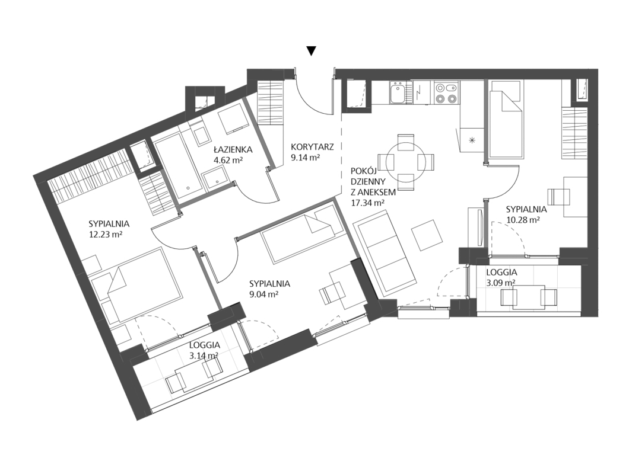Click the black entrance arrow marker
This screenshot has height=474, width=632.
click(x=311, y=51)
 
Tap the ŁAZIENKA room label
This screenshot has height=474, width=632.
click(x=233, y=150)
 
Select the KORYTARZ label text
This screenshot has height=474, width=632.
click(x=312, y=147)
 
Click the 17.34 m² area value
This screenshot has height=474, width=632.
click(x=367, y=203)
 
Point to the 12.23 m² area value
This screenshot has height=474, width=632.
click(x=106, y=234)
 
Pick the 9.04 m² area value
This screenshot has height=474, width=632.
click(x=264, y=294)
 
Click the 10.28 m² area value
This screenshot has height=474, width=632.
click(x=523, y=220)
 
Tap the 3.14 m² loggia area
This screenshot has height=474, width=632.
click(x=204, y=355)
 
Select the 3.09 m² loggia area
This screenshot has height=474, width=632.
click(x=501, y=283)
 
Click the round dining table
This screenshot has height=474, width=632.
click(x=405, y=162)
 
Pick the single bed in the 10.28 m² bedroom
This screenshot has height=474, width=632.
click(x=506, y=118)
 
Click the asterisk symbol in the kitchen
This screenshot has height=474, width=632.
click(x=472, y=140)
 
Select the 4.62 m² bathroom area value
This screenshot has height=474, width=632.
click(x=228, y=159)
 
